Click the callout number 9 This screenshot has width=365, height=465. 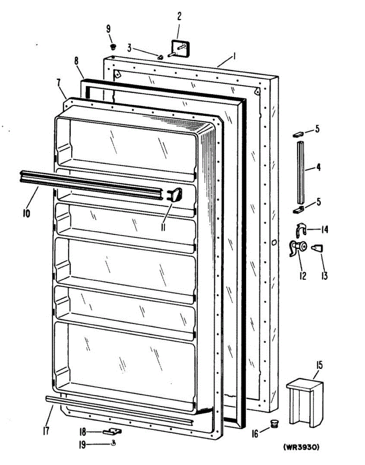(x=108, y=28)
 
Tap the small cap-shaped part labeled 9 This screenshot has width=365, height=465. (x=113, y=46)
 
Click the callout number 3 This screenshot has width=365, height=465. (x=130, y=48)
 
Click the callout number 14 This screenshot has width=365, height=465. (x=324, y=230)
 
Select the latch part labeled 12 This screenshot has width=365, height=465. (x=298, y=248)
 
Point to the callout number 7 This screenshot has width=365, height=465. (x=58, y=83)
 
